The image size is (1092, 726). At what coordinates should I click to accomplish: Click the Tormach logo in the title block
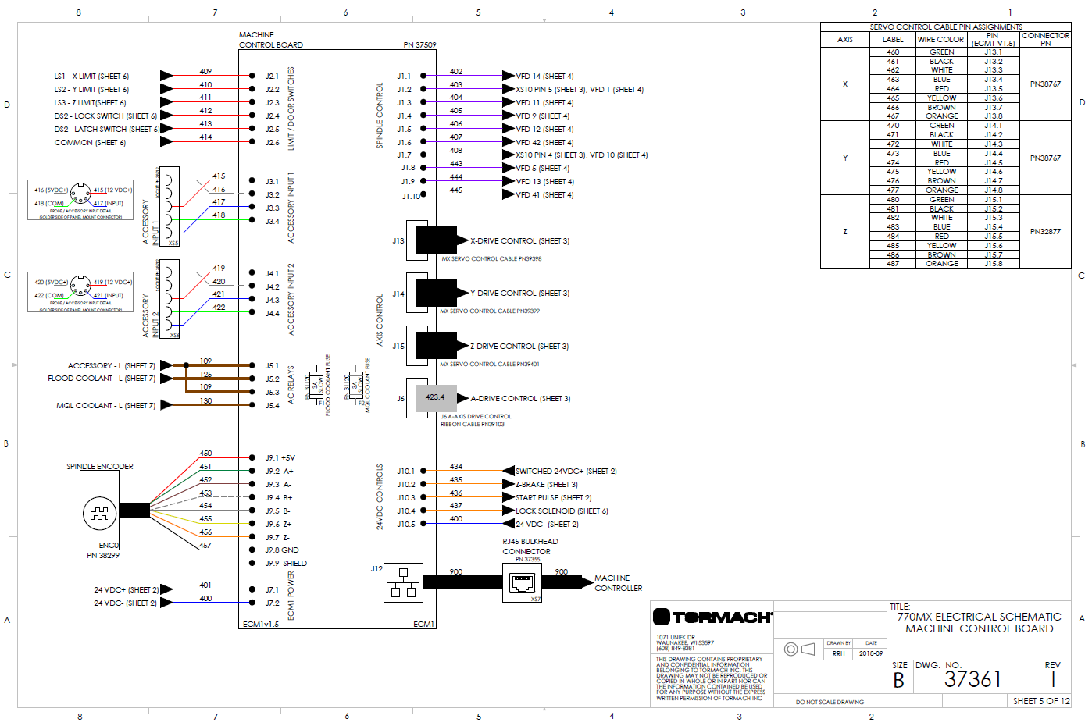(712, 617)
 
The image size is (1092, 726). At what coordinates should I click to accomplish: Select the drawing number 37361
(972, 679)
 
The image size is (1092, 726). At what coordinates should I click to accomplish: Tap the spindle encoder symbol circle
(99, 514)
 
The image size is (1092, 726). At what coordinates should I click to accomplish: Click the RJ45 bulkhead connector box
(522, 582)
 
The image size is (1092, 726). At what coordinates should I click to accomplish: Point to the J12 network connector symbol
(403, 582)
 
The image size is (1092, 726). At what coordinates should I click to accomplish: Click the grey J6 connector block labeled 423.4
(436, 398)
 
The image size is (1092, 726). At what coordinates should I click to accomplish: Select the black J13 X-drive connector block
(436, 240)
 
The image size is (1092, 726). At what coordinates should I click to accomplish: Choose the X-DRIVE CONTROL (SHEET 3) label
(519, 241)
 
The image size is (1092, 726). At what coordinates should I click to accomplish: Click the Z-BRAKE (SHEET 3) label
(546, 485)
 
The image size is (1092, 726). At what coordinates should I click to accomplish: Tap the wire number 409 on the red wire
(205, 71)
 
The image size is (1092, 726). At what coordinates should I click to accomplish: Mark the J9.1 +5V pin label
(280, 458)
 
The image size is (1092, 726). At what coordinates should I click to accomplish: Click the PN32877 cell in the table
(1045, 232)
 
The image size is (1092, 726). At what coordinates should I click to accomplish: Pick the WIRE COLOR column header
(940, 39)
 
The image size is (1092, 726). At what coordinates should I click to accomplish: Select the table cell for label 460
(893, 52)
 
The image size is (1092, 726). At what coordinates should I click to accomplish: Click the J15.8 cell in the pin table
(993, 264)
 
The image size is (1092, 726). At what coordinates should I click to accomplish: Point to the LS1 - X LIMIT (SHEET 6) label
(91, 77)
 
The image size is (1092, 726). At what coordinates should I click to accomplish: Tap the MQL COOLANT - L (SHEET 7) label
(105, 406)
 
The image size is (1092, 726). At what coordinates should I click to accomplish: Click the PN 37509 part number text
(419, 45)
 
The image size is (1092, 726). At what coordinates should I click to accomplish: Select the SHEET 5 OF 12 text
(1040, 701)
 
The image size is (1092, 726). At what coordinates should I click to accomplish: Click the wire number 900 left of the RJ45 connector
(456, 572)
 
